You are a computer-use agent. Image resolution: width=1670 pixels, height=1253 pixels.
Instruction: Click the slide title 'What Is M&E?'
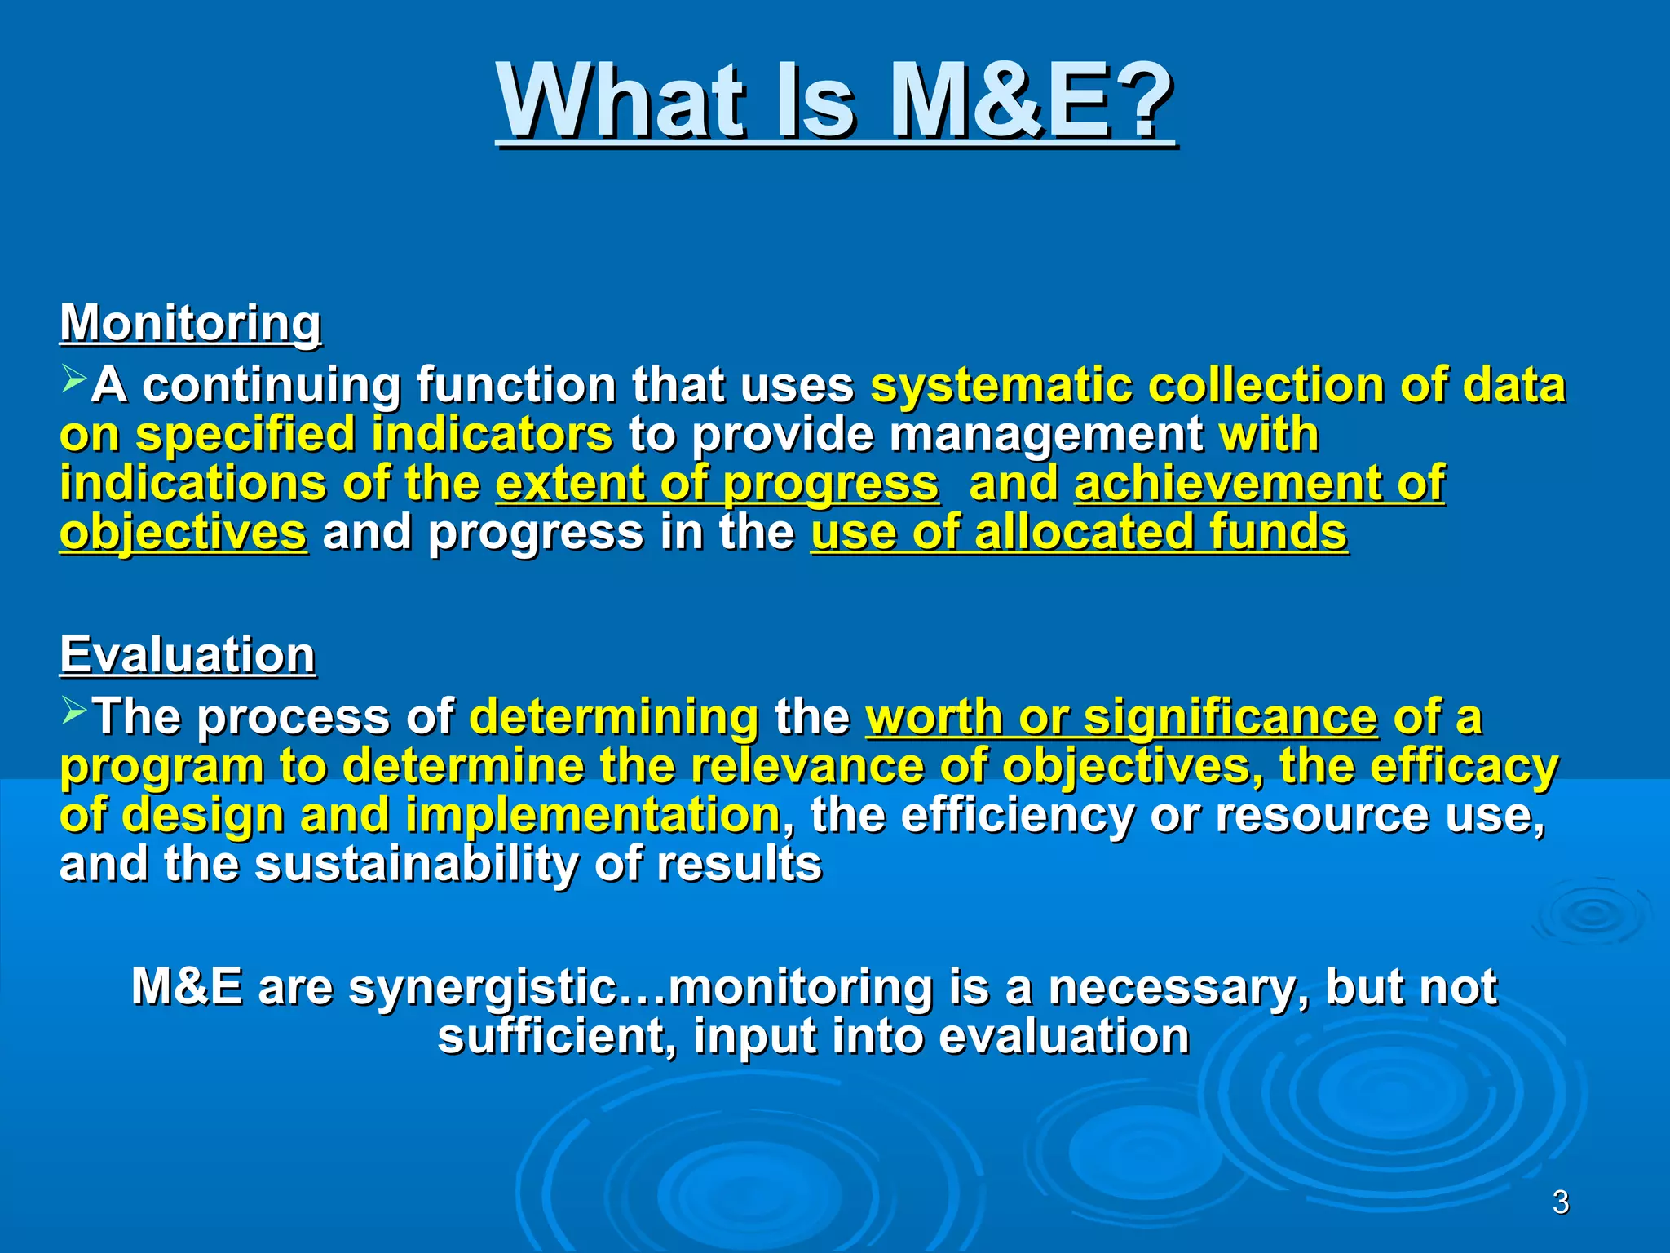coord(835,102)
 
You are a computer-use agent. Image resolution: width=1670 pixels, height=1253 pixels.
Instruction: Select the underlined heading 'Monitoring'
coord(190,323)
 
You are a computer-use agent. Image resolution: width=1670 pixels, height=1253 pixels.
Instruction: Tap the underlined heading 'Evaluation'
coord(187,655)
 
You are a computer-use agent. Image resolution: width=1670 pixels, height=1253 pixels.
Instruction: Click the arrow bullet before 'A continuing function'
coord(73,378)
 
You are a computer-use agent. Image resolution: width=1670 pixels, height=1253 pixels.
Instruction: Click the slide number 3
coord(1560,1202)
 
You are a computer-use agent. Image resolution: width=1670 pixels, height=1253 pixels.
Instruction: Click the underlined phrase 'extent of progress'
coord(717,484)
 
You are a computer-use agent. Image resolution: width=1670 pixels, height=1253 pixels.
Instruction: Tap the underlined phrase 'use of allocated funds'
coord(1078,533)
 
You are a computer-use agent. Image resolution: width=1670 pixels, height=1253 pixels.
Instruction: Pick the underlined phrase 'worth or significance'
coord(1121,717)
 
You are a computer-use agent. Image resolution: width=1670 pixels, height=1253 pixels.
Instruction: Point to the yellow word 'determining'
coord(614,717)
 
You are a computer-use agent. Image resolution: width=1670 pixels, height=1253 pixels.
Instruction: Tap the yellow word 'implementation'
coord(593,815)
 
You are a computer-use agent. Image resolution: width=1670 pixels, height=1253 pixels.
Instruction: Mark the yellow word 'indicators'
coord(492,434)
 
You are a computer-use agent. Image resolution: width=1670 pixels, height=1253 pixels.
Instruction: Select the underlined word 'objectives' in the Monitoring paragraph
coord(183,533)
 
